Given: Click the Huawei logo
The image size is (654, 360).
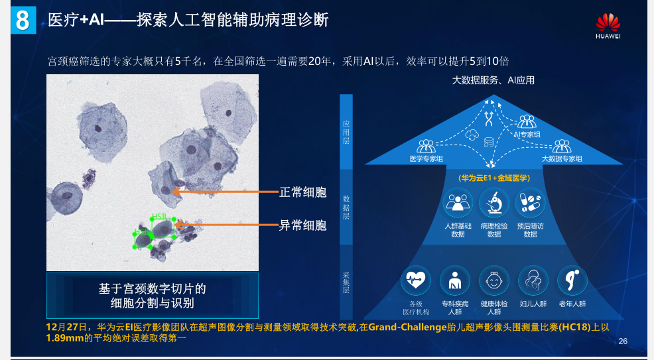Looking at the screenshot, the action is [x=608, y=26].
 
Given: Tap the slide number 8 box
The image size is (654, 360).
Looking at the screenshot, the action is [x=23, y=20].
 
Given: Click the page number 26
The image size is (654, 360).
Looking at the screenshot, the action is [x=623, y=341].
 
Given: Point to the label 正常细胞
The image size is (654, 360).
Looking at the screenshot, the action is [x=303, y=192].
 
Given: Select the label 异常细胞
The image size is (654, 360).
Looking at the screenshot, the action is [x=303, y=225].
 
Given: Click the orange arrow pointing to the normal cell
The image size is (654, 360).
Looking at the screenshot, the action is [x=226, y=192].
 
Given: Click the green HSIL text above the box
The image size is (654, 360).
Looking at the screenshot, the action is [x=159, y=216].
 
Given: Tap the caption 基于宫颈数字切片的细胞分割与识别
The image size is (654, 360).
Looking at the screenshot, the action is [x=153, y=296].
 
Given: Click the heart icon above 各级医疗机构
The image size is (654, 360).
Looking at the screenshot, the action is [x=416, y=280].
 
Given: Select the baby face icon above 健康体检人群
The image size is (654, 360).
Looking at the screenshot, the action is [x=494, y=280].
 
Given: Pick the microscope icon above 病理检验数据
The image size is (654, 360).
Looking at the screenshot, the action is [x=494, y=203].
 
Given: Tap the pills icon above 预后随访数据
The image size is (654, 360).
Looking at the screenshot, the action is [x=530, y=203].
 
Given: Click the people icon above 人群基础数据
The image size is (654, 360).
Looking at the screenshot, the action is [x=458, y=203].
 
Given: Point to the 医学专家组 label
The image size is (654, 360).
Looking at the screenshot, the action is [x=426, y=158].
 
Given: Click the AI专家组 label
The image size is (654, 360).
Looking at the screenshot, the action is [x=527, y=134].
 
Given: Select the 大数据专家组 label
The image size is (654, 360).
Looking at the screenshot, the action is [x=562, y=158].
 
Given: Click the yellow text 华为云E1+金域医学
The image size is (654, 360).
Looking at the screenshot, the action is [x=494, y=178].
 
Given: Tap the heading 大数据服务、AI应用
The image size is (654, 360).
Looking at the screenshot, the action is [x=493, y=80].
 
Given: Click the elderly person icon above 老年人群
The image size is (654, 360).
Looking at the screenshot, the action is [x=572, y=280].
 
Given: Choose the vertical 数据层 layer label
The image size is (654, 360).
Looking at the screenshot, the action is [x=346, y=207].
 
